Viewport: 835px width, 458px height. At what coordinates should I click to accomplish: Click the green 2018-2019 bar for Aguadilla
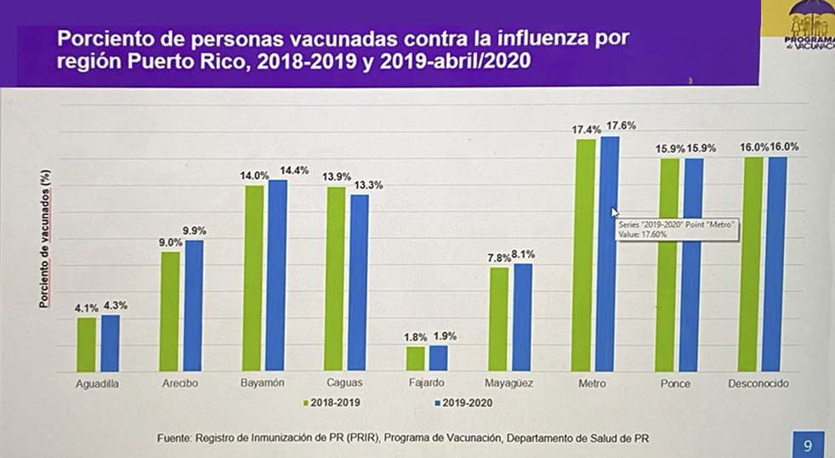87,344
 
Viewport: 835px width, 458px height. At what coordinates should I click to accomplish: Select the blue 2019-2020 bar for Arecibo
194,306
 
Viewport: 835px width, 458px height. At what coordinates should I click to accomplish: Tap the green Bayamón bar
253,279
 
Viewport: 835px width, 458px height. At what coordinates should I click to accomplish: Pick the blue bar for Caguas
360,283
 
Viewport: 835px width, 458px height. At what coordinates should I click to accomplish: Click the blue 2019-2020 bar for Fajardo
438,359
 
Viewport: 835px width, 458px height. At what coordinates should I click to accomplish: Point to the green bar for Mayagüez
498,319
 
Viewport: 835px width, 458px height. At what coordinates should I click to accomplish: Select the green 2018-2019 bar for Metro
585,255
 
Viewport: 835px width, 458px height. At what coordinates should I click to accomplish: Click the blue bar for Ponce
694,265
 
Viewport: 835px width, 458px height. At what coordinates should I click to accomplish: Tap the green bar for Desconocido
748,264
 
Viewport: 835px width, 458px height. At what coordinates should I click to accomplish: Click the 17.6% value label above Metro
621,126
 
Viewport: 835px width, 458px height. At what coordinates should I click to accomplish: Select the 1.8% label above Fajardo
415,337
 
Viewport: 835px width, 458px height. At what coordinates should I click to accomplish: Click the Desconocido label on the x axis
758,383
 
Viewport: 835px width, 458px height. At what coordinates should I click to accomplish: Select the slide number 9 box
807,443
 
